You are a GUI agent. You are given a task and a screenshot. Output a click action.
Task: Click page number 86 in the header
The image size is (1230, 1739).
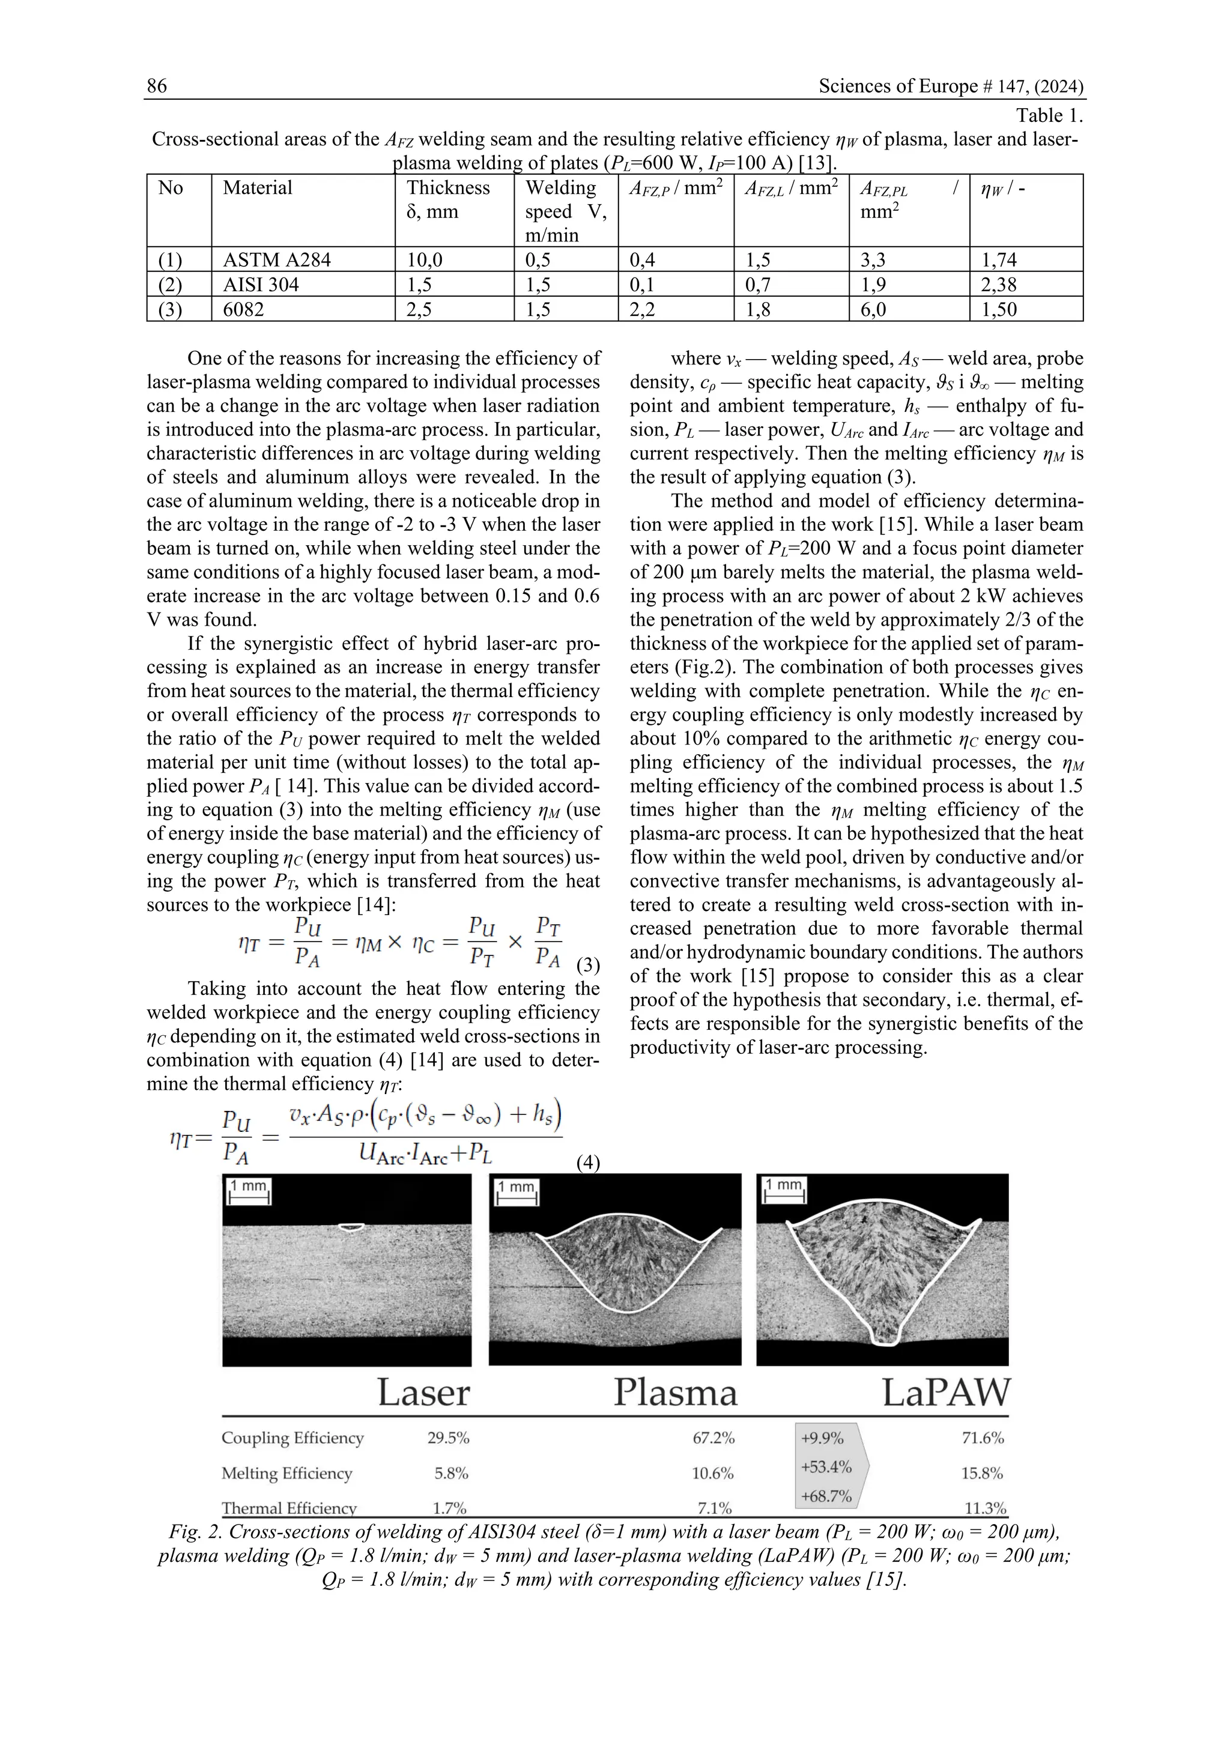(157, 86)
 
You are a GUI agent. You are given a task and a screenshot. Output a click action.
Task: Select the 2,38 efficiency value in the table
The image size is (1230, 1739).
(999, 285)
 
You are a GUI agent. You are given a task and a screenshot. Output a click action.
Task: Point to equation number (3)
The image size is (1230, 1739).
(589, 966)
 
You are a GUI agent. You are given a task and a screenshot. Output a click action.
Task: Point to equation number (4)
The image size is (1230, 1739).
(589, 1163)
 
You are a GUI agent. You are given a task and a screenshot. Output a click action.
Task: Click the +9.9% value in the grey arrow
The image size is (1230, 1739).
(822, 1438)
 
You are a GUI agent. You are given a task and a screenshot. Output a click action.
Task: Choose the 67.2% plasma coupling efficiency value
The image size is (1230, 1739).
(713, 1438)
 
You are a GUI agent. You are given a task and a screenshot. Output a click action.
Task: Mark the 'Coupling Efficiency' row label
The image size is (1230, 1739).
(292, 1438)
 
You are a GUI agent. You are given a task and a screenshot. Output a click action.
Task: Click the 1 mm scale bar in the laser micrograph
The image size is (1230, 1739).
(249, 1191)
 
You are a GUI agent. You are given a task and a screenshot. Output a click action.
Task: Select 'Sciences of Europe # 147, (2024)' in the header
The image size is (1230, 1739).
(951, 86)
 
